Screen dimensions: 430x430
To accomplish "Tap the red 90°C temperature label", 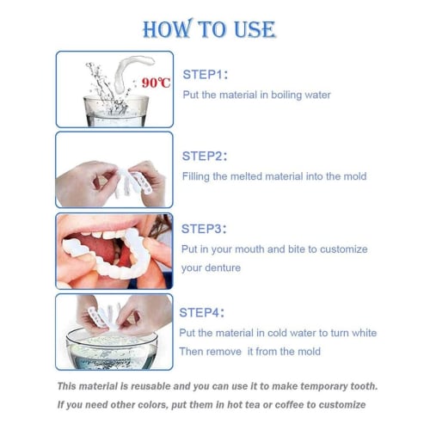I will (x=157, y=83).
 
